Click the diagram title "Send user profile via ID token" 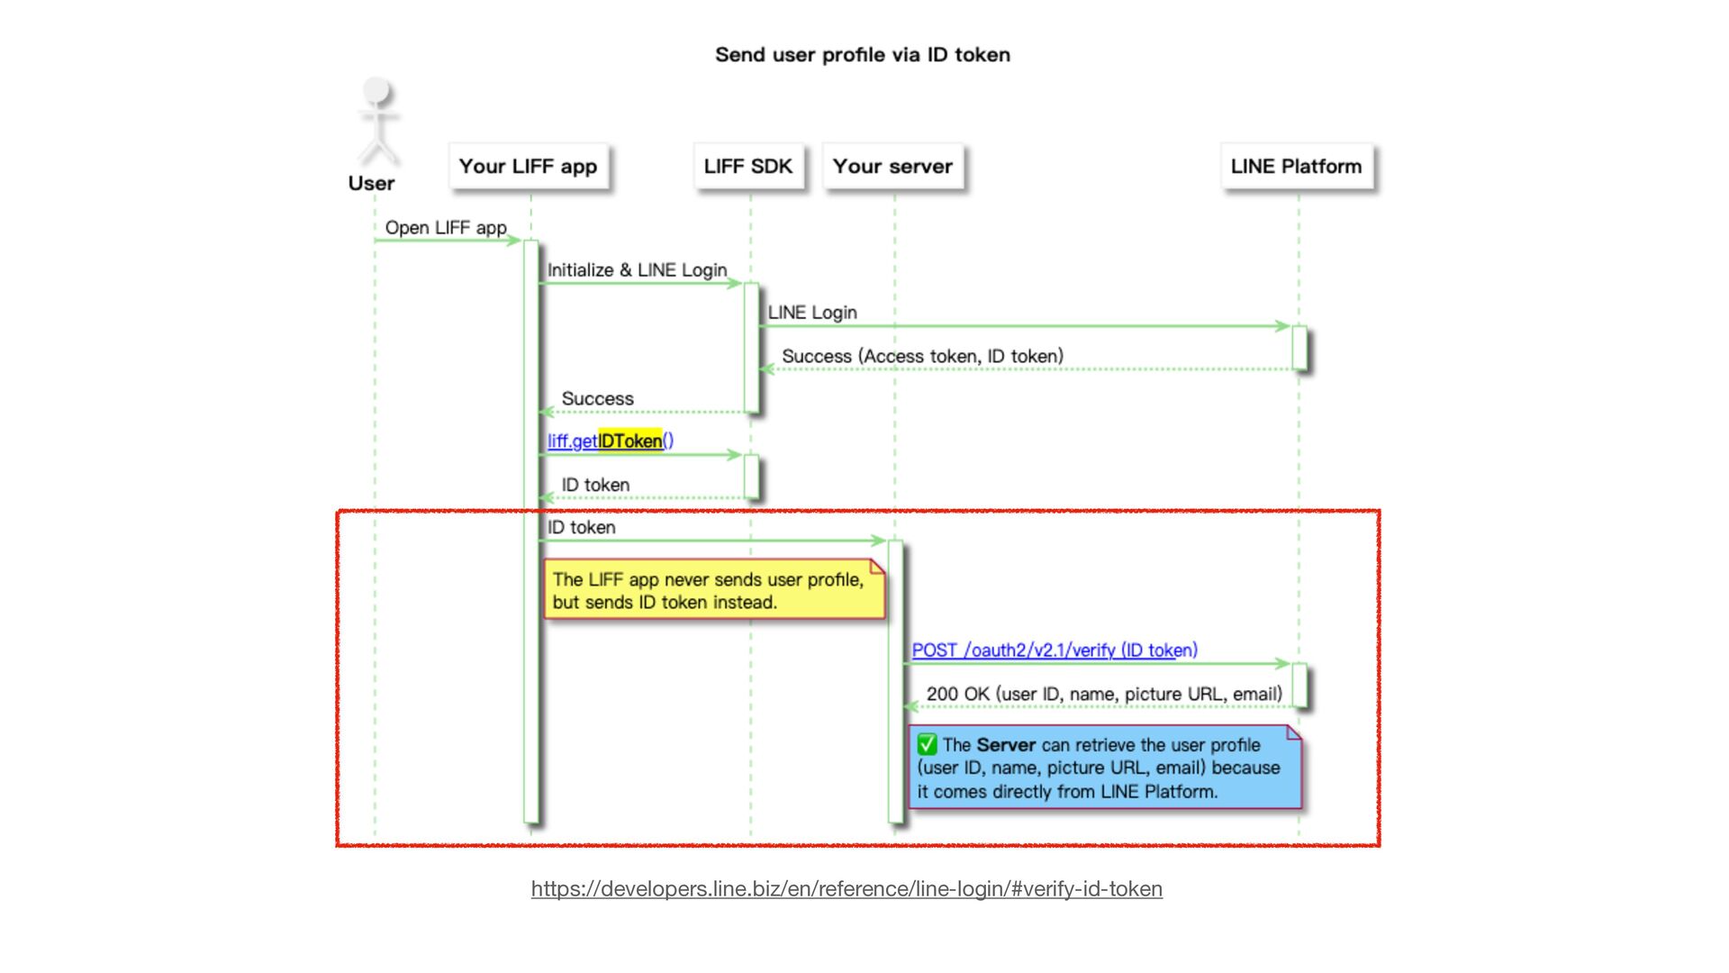tap(862, 55)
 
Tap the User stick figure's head tap(376, 91)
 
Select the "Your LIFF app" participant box tap(529, 167)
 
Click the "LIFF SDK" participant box tap(748, 167)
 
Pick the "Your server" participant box tap(892, 167)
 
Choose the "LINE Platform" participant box tap(1296, 167)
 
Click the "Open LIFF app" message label tap(446, 228)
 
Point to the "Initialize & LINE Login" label tap(637, 270)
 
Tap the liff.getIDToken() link tap(610, 441)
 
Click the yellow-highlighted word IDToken tap(629, 441)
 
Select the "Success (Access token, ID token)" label tap(922, 356)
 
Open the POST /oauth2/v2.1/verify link tap(1054, 650)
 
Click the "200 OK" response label tap(1104, 694)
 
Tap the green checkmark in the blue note tap(927, 745)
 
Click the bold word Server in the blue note tap(1006, 745)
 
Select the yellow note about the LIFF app tap(714, 590)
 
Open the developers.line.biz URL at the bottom tap(846, 889)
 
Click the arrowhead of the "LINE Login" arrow tap(1283, 326)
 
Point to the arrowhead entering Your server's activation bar tap(879, 541)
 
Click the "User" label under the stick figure tap(371, 184)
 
